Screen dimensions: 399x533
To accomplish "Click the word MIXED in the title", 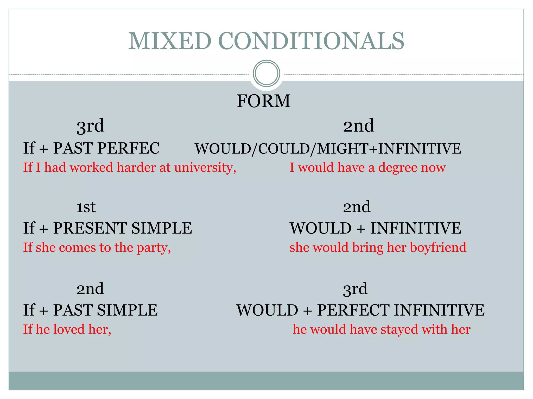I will point(170,41).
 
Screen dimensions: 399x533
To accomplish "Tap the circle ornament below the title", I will point(266,73).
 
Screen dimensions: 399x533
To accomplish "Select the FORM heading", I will point(263,101).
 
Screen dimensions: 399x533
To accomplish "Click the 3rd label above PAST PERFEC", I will point(90,126).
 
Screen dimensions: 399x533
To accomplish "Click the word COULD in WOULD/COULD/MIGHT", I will point(284,149).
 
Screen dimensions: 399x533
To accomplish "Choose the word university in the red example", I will point(205,168).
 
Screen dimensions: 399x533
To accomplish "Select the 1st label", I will point(86,207).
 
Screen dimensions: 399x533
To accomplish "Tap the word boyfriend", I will point(438,247).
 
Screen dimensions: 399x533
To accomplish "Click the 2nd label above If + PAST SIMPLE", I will point(90,289).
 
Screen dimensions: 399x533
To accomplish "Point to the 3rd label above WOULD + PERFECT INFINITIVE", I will point(355,289).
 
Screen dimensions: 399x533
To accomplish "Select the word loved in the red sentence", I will point(69,329).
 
